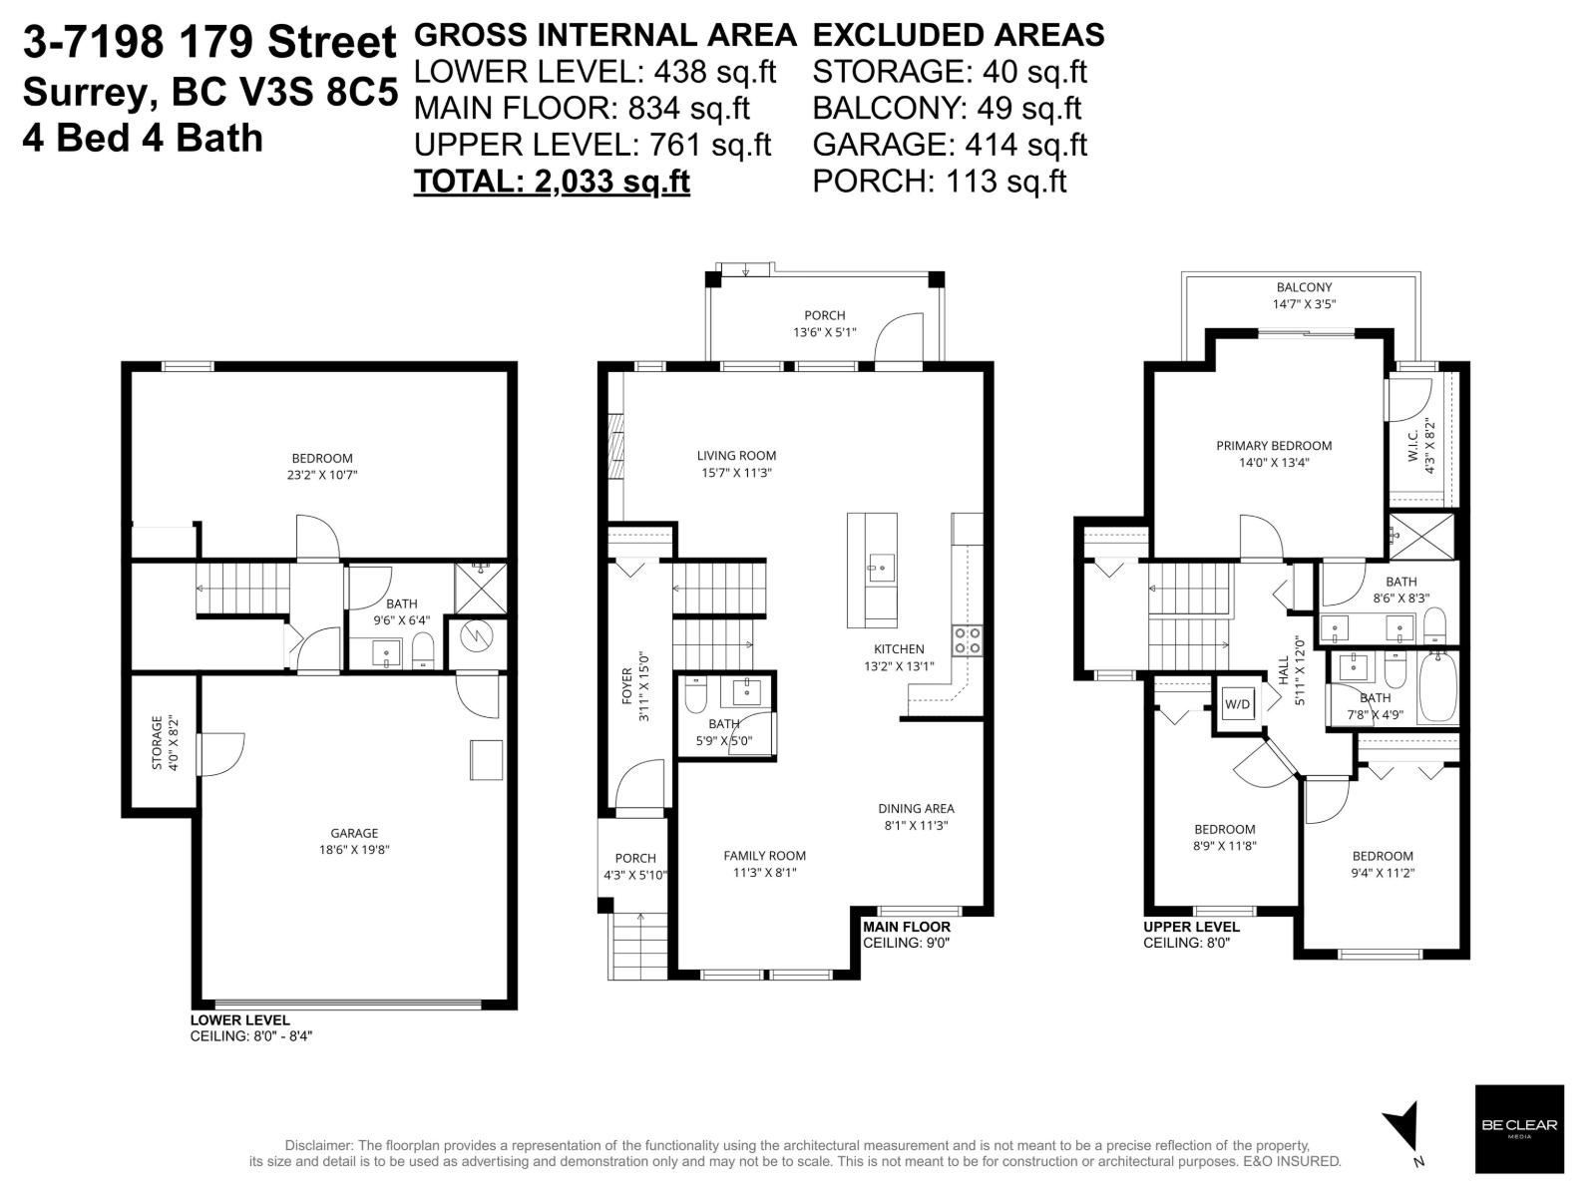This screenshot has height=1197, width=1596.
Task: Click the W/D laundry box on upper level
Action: pos(1237,704)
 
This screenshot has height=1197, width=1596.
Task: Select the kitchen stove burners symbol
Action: pos(967,640)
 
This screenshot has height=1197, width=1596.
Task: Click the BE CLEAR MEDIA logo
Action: pos(1519,1128)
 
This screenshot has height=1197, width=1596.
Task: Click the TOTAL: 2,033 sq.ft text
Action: pos(552,182)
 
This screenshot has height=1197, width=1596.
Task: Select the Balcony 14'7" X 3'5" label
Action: pos(1304,295)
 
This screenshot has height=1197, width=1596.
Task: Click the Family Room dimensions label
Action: pos(764,872)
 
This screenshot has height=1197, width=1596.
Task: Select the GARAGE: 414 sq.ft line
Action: pos(949,145)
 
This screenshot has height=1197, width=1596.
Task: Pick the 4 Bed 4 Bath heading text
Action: pos(143,138)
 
